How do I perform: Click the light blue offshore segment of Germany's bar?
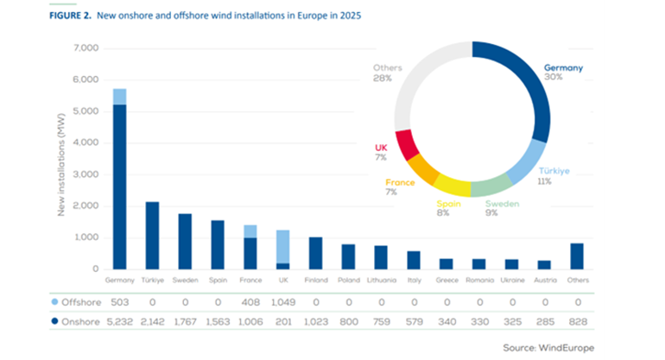[119, 96]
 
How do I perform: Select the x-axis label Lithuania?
[381, 281]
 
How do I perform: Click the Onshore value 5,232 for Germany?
[119, 321]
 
